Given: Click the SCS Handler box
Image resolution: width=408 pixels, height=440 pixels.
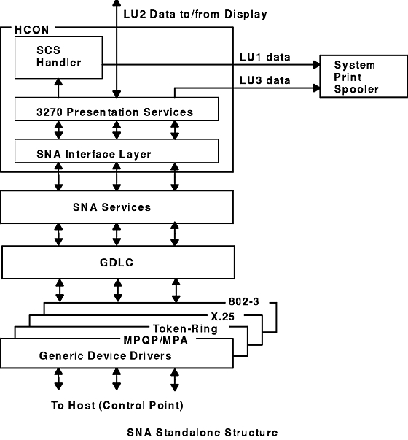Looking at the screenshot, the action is pyautogui.click(x=58, y=58).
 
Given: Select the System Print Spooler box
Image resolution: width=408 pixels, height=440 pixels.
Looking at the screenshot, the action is pyautogui.click(x=364, y=77).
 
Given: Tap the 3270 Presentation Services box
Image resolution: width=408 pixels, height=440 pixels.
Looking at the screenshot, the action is pyautogui.click(x=117, y=109).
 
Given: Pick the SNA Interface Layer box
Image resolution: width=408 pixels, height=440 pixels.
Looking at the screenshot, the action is pyautogui.click(x=117, y=151).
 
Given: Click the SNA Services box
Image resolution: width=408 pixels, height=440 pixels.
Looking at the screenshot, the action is pyautogui.click(x=117, y=207).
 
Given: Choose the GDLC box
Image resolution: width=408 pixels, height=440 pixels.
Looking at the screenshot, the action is pyautogui.click(x=118, y=263).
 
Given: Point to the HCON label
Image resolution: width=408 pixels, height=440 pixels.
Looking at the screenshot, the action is pyautogui.click(x=31, y=30).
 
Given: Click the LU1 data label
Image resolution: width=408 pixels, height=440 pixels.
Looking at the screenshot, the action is pyautogui.click(x=264, y=57).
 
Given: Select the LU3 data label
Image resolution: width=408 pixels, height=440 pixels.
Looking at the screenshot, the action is pyautogui.click(x=264, y=80).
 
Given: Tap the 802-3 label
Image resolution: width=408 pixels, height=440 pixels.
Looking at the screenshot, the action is pyautogui.click(x=244, y=301).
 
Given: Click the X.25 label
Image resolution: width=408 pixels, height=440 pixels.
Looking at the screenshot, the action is pyautogui.click(x=223, y=317).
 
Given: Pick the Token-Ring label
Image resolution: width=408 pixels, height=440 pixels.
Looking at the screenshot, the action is pyautogui.click(x=185, y=328).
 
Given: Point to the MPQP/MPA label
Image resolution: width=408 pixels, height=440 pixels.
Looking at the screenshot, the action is pyautogui.click(x=155, y=340).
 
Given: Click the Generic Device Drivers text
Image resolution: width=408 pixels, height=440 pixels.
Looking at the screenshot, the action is pyautogui.click(x=106, y=356).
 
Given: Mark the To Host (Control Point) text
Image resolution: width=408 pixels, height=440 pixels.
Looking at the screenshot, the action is pyautogui.click(x=117, y=406).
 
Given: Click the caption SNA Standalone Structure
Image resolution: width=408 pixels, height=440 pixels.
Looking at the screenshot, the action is pyautogui.click(x=203, y=433).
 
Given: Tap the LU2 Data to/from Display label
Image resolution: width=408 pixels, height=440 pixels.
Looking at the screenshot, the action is pyautogui.click(x=195, y=14).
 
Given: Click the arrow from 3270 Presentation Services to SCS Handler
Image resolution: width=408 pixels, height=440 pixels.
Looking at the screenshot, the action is pyautogui.click(x=58, y=88).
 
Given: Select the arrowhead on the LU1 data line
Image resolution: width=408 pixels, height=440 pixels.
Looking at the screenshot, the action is pyautogui.click(x=316, y=65).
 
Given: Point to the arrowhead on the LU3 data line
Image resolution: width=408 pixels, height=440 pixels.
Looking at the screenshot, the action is pyautogui.click(x=316, y=88).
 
